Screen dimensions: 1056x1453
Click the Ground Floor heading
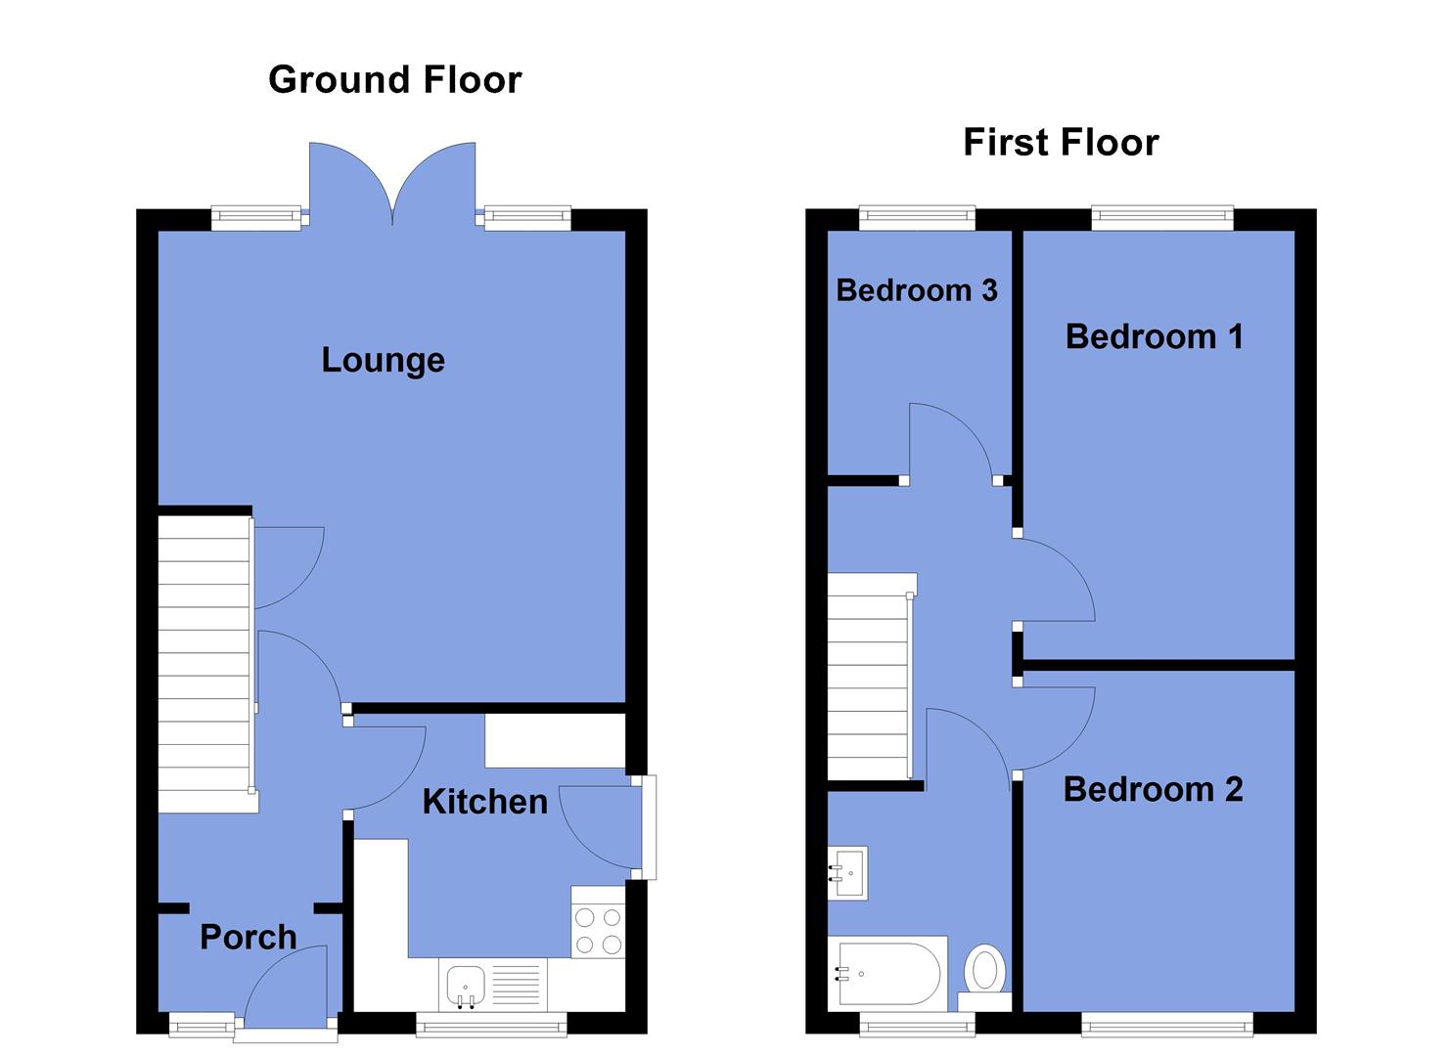tap(394, 79)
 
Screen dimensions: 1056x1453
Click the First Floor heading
tap(1061, 142)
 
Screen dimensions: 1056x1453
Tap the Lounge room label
tap(383, 360)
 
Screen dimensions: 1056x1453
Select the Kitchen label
tap(484, 802)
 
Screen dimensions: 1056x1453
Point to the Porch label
tap(248, 937)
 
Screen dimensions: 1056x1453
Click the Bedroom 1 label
tap(1154, 336)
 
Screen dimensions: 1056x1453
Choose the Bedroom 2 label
tap(1153, 789)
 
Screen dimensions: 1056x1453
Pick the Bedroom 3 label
tap(917, 289)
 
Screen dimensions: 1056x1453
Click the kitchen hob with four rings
tap(598, 931)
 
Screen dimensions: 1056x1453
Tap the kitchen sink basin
tap(467, 983)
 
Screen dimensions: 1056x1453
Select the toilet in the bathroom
tap(984, 972)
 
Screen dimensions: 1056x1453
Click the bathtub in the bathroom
tap(885, 974)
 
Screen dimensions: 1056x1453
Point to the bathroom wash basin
tap(848, 871)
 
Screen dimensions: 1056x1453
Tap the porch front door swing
tap(287, 988)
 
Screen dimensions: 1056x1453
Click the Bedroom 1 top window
tap(1161, 217)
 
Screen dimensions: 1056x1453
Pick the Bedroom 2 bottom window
tap(1166, 1024)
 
